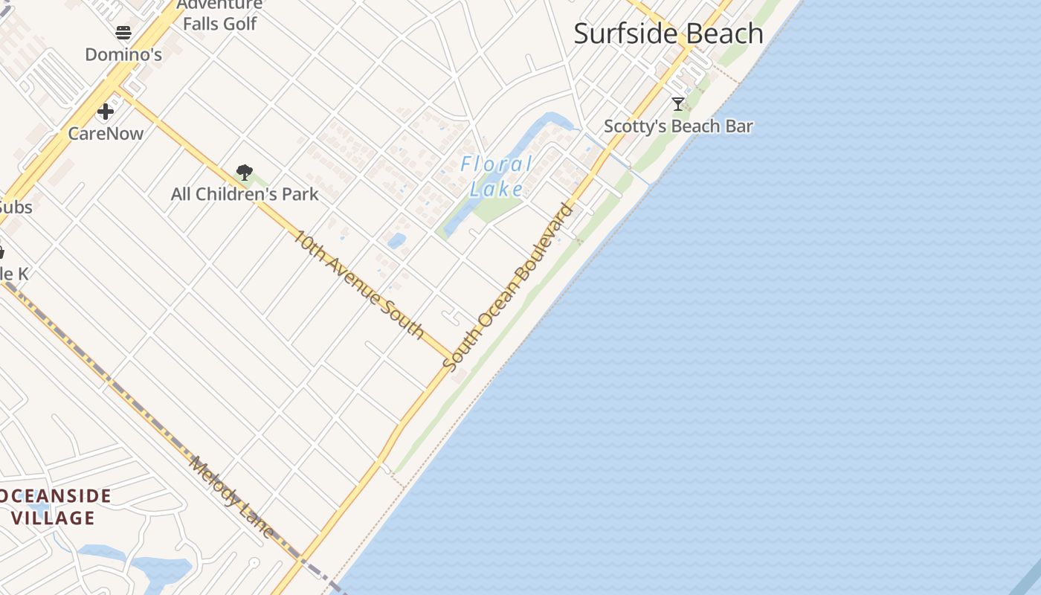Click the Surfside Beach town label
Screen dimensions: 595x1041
tap(668, 34)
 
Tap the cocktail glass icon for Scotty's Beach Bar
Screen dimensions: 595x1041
tap(677, 104)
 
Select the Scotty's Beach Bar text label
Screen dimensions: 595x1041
tap(678, 126)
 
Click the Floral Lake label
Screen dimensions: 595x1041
tap(497, 176)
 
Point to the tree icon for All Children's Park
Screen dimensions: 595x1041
tap(244, 173)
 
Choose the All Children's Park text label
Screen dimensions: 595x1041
tap(245, 194)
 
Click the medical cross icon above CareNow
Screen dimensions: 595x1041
tap(106, 112)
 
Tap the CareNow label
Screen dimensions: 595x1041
tap(106, 134)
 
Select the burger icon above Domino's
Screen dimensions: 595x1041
tap(123, 33)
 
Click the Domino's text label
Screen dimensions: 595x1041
tap(123, 54)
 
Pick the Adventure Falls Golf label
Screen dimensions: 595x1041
tap(220, 15)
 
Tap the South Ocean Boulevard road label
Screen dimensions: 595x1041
tap(509, 286)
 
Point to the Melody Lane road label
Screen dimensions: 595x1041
tap(232, 497)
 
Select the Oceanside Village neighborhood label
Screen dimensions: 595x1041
tap(56, 506)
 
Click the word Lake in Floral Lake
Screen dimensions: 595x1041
tap(497, 189)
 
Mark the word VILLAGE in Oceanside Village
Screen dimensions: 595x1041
tap(54, 518)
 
